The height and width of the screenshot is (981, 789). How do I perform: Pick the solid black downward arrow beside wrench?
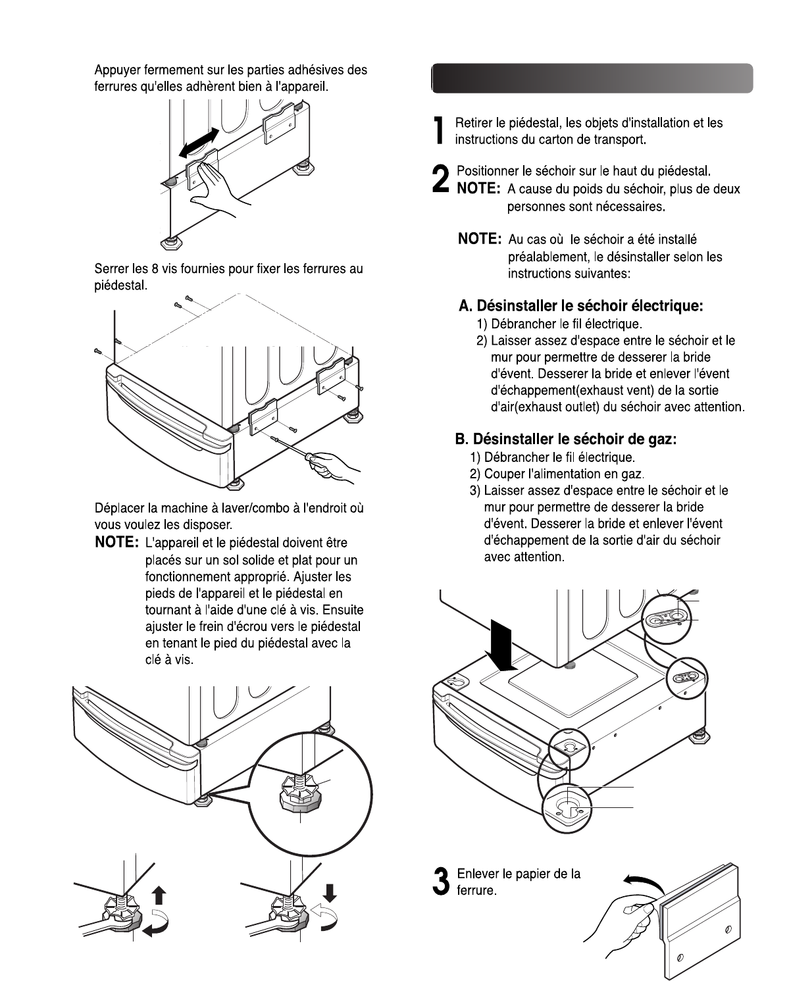[330, 892]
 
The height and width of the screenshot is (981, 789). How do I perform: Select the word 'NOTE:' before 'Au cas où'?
[480, 239]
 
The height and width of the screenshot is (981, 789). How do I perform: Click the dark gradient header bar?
[592, 78]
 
